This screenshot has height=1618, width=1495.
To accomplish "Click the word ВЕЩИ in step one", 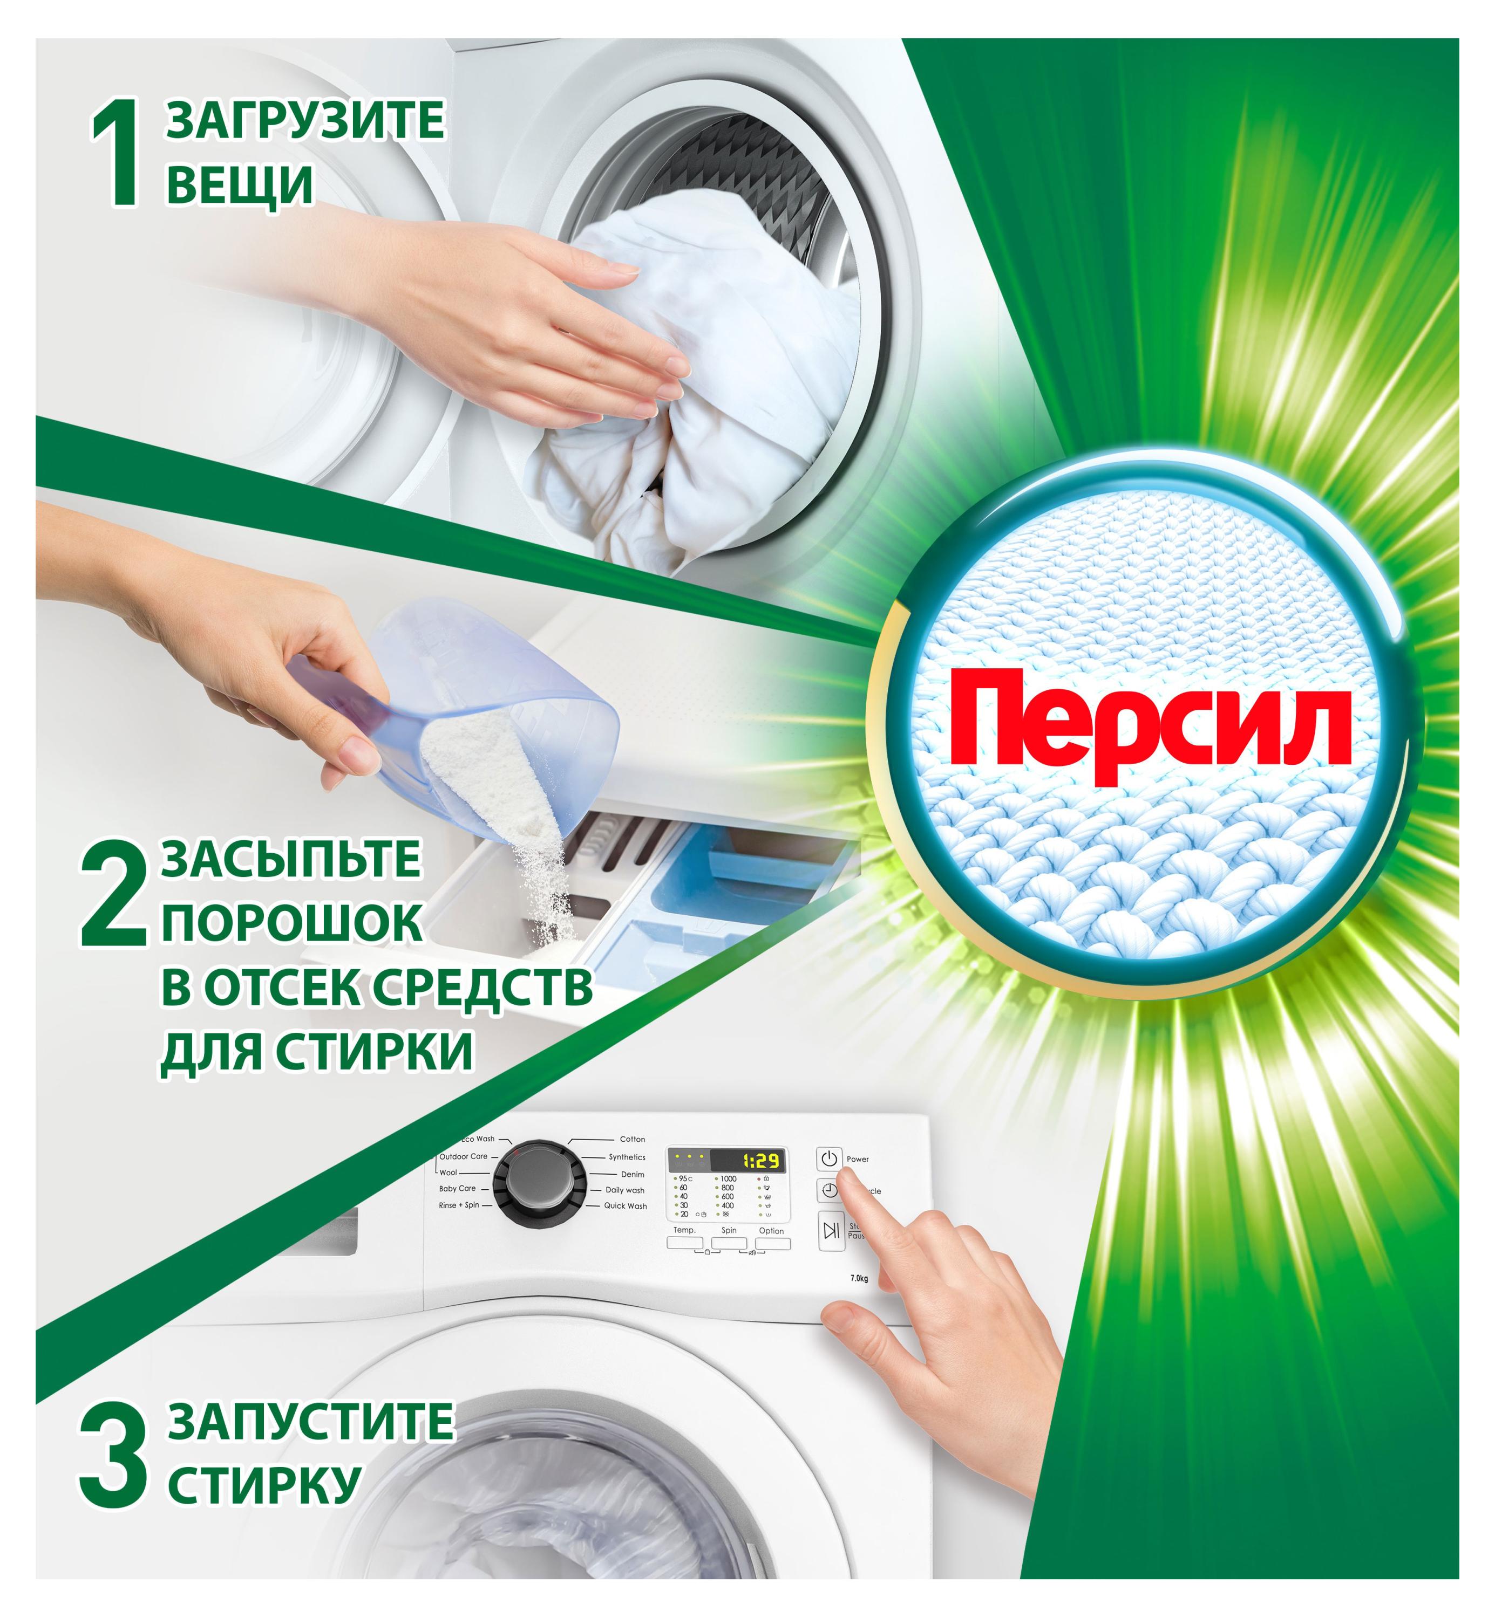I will point(240,184).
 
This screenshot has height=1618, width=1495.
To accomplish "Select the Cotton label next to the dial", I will point(632,1139).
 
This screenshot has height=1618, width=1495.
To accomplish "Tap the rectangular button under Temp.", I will point(684,1243).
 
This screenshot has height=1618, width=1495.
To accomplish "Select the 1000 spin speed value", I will point(728,1179).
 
